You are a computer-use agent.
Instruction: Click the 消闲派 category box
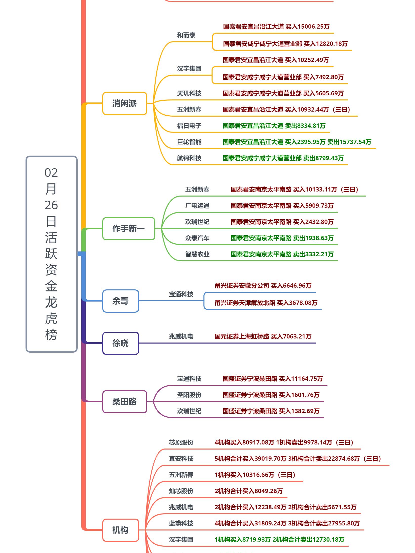pos(124,103)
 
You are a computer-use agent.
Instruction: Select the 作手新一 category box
pos(129,229)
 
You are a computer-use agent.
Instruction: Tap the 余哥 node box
pos(120,301)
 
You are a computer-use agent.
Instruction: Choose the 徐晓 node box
pos(120,343)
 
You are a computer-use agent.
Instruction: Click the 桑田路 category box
pos(124,402)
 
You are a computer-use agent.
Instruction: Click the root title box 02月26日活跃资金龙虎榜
pos(51,254)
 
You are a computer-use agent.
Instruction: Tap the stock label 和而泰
pos(186,35)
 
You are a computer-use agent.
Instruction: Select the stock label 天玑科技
pos(189,94)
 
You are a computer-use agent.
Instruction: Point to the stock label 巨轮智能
pos(189,142)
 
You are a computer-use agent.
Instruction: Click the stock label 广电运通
pos(197,206)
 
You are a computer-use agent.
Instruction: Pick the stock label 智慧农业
pos(197,254)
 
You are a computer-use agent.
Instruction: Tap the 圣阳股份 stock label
pos(189,395)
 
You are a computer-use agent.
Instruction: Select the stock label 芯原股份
pos(181,443)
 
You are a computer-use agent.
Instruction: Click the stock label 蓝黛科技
pos(181,524)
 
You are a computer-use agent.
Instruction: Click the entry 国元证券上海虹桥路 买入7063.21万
pos(263,337)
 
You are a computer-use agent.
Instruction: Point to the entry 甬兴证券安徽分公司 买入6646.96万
pos(263,286)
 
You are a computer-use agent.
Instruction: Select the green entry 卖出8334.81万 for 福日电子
pos(274,126)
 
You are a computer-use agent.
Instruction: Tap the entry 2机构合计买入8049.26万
pos(248,491)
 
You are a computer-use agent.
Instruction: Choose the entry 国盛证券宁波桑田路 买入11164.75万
pos(273,379)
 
